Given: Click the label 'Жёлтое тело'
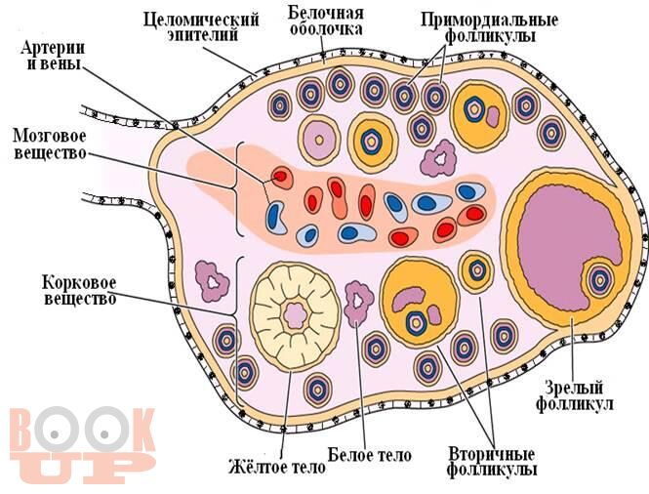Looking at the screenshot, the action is pyautogui.click(x=277, y=468).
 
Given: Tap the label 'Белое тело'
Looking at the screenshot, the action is pyautogui.click(x=370, y=455).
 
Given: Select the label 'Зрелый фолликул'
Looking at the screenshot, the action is pyautogui.click(x=575, y=396).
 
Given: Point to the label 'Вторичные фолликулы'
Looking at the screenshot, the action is pyautogui.click(x=493, y=463).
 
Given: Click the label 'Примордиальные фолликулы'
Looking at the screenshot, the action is pyautogui.click(x=490, y=27).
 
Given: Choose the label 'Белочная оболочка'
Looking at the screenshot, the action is pyautogui.click(x=326, y=21).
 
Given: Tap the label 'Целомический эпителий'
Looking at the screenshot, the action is pyautogui.click(x=202, y=27).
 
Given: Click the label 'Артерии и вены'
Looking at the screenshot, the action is pyautogui.click(x=53, y=56).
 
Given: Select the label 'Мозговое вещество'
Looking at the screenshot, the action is pyautogui.click(x=50, y=144).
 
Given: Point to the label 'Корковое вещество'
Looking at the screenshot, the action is pyautogui.click(x=79, y=291).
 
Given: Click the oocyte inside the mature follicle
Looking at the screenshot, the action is pyautogui.click(x=600, y=280).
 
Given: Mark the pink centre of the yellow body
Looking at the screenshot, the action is pyautogui.click(x=296, y=315).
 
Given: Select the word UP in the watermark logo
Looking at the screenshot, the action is pyautogui.click(x=83, y=468).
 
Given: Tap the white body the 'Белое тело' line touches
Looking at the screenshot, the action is pyautogui.click(x=358, y=303).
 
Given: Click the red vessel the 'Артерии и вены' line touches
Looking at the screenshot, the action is pyautogui.click(x=281, y=177).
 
